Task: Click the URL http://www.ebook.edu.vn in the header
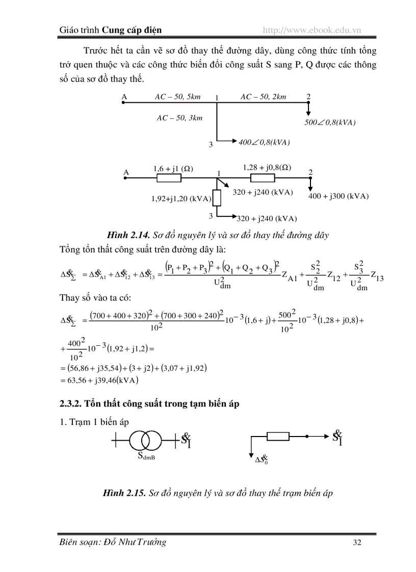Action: click(x=311, y=31)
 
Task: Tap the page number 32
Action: click(x=357, y=542)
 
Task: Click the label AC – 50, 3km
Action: click(x=179, y=118)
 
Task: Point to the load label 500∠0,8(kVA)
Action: click(x=329, y=123)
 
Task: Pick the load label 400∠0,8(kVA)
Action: click(x=264, y=143)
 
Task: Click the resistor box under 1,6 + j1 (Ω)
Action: click(x=169, y=178)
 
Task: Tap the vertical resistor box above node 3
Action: click(x=217, y=198)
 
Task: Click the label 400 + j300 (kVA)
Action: click(x=339, y=196)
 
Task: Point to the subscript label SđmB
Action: click(x=146, y=456)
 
